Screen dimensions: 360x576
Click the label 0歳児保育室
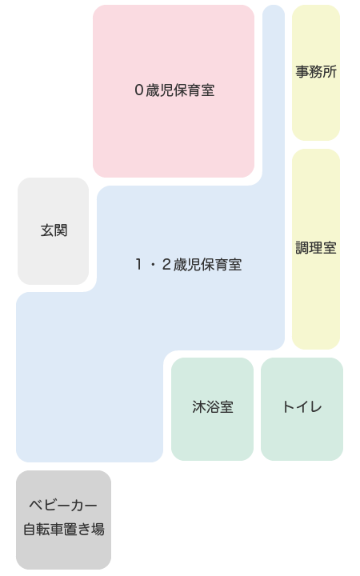pos(174,90)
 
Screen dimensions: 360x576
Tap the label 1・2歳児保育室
pos(189,265)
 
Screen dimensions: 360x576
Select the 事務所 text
pos(316,72)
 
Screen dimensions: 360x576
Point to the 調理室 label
pos(316,248)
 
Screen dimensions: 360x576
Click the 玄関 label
pos(54,230)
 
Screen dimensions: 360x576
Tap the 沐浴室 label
pos(213,406)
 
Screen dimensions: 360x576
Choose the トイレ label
pos(302,407)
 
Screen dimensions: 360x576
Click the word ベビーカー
pos(63,506)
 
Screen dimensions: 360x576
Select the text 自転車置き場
pos(64,530)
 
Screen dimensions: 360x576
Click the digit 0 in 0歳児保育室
pos(138,90)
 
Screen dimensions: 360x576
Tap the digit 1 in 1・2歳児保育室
pos(138,265)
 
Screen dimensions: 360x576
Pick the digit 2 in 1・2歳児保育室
pos(166,265)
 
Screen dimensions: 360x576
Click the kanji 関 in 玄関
pos(61,230)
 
